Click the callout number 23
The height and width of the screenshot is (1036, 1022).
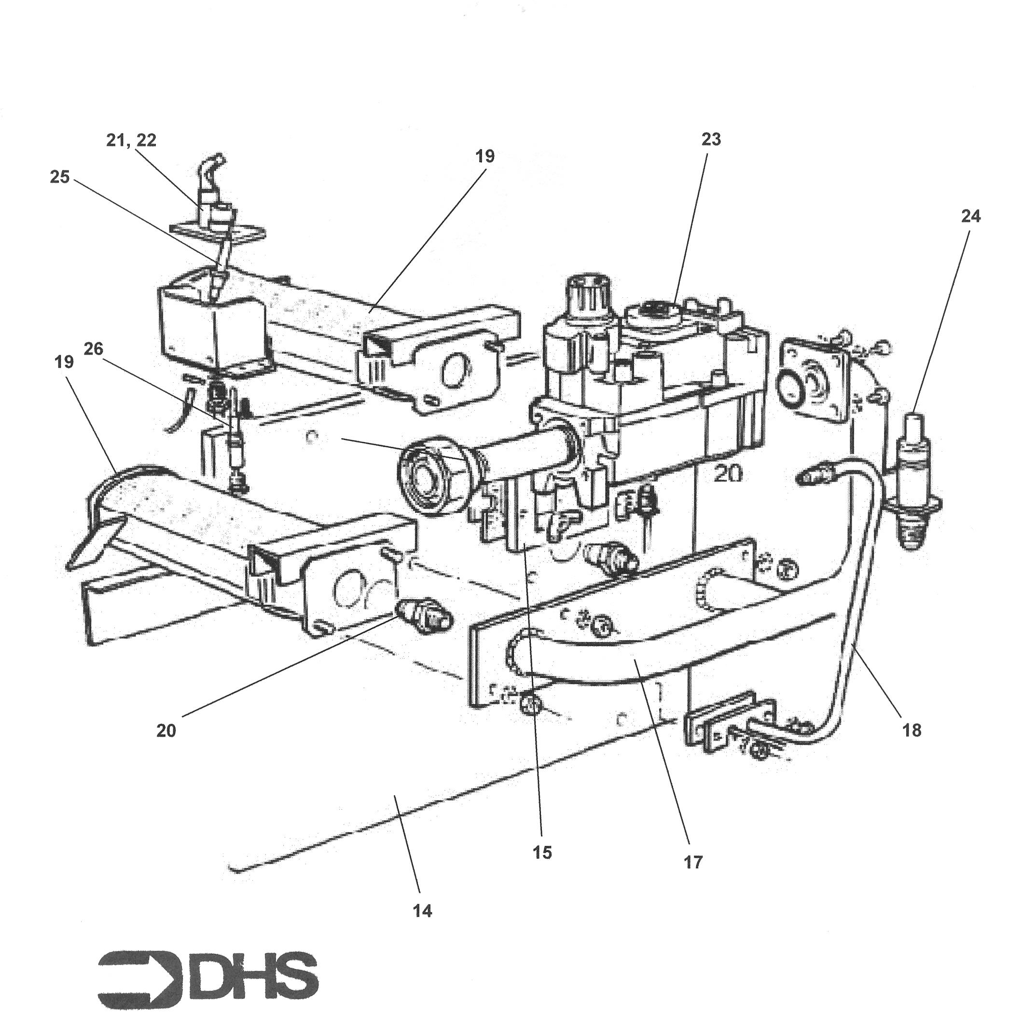pyautogui.click(x=710, y=139)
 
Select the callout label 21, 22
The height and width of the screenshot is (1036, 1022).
pyautogui.click(x=131, y=140)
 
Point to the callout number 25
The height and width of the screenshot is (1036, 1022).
pyautogui.click(x=60, y=177)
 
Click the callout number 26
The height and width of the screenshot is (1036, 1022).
pyautogui.click(x=93, y=348)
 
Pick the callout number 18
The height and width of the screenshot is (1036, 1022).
pyautogui.click(x=912, y=730)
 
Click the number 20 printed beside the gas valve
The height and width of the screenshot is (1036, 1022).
pyautogui.click(x=728, y=473)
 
